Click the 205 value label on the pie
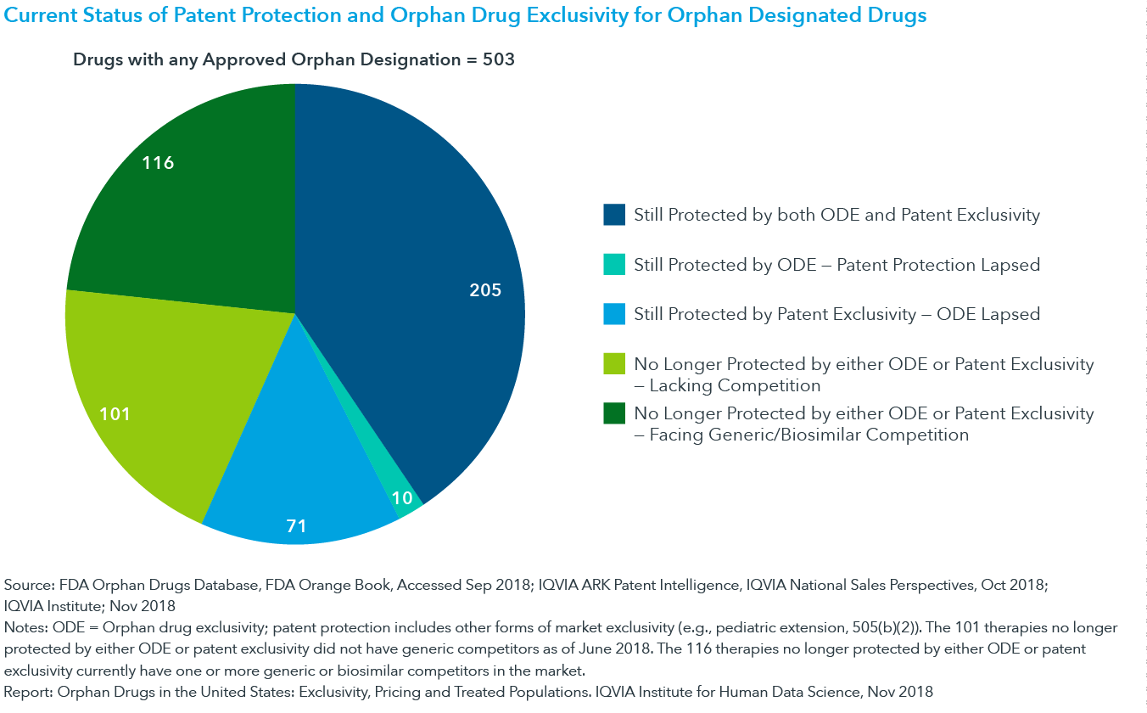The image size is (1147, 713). point(485,290)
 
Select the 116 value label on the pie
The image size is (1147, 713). point(159,163)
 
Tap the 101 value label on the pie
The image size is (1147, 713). point(115,414)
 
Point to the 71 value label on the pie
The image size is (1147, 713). point(296,526)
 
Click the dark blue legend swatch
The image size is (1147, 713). point(614,215)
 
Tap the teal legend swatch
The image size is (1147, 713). point(614,265)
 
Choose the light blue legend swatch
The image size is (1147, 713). point(614,314)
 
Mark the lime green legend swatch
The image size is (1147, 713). point(614,364)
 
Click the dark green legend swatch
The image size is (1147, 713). point(614,413)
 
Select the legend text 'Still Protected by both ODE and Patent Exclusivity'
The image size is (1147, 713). point(836,215)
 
